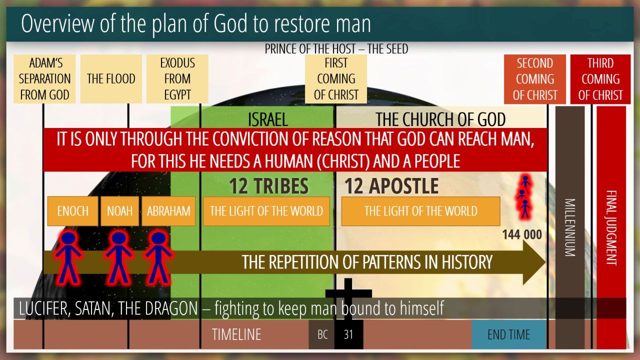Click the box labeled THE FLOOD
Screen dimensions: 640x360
click(111, 79)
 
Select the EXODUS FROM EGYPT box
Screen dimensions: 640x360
click(177, 79)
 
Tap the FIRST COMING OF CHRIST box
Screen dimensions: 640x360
click(336, 79)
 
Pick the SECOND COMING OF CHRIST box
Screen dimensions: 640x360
click(535, 79)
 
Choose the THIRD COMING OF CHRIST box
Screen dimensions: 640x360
click(600, 79)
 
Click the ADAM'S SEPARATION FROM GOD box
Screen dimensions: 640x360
click(44, 79)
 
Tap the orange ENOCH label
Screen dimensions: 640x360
click(73, 211)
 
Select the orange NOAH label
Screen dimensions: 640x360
click(119, 211)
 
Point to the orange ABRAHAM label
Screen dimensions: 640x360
click(168, 211)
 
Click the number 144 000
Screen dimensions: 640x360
click(522, 235)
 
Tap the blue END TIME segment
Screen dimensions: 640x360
click(509, 334)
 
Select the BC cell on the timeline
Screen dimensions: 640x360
click(322, 334)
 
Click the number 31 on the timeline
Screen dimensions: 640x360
click(348, 334)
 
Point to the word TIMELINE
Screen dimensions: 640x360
click(236, 334)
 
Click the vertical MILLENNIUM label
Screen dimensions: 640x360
click(569, 227)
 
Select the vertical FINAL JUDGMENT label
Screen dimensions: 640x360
click(611, 227)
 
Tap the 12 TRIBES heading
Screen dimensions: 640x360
click(268, 186)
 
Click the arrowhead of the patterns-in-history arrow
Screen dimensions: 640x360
click(534, 262)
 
